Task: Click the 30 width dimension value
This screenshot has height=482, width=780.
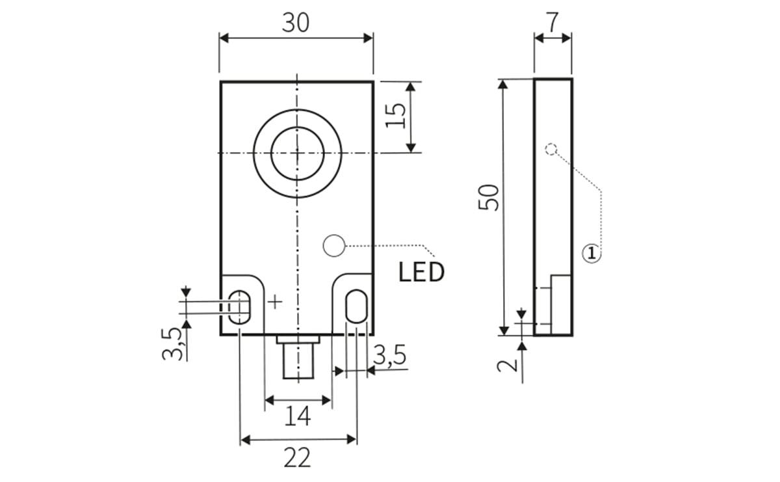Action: coord(296,23)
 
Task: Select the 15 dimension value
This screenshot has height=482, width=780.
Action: coord(397,116)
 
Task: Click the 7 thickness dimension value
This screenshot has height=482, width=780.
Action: coord(552,22)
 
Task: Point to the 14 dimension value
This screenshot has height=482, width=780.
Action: coord(298,416)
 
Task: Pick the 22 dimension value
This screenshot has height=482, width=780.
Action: coord(297,458)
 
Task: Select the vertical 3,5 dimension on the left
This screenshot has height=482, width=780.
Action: coord(172,343)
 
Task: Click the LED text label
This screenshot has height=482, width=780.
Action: coord(421,273)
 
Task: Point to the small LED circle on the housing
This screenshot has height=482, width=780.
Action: coord(333,246)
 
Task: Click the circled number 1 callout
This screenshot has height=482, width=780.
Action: coord(591,253)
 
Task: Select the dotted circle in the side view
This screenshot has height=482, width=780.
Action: coord(551,149)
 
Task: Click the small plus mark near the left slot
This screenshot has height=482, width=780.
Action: coord(276,301)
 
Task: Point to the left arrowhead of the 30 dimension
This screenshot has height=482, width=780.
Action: coord(224,38)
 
